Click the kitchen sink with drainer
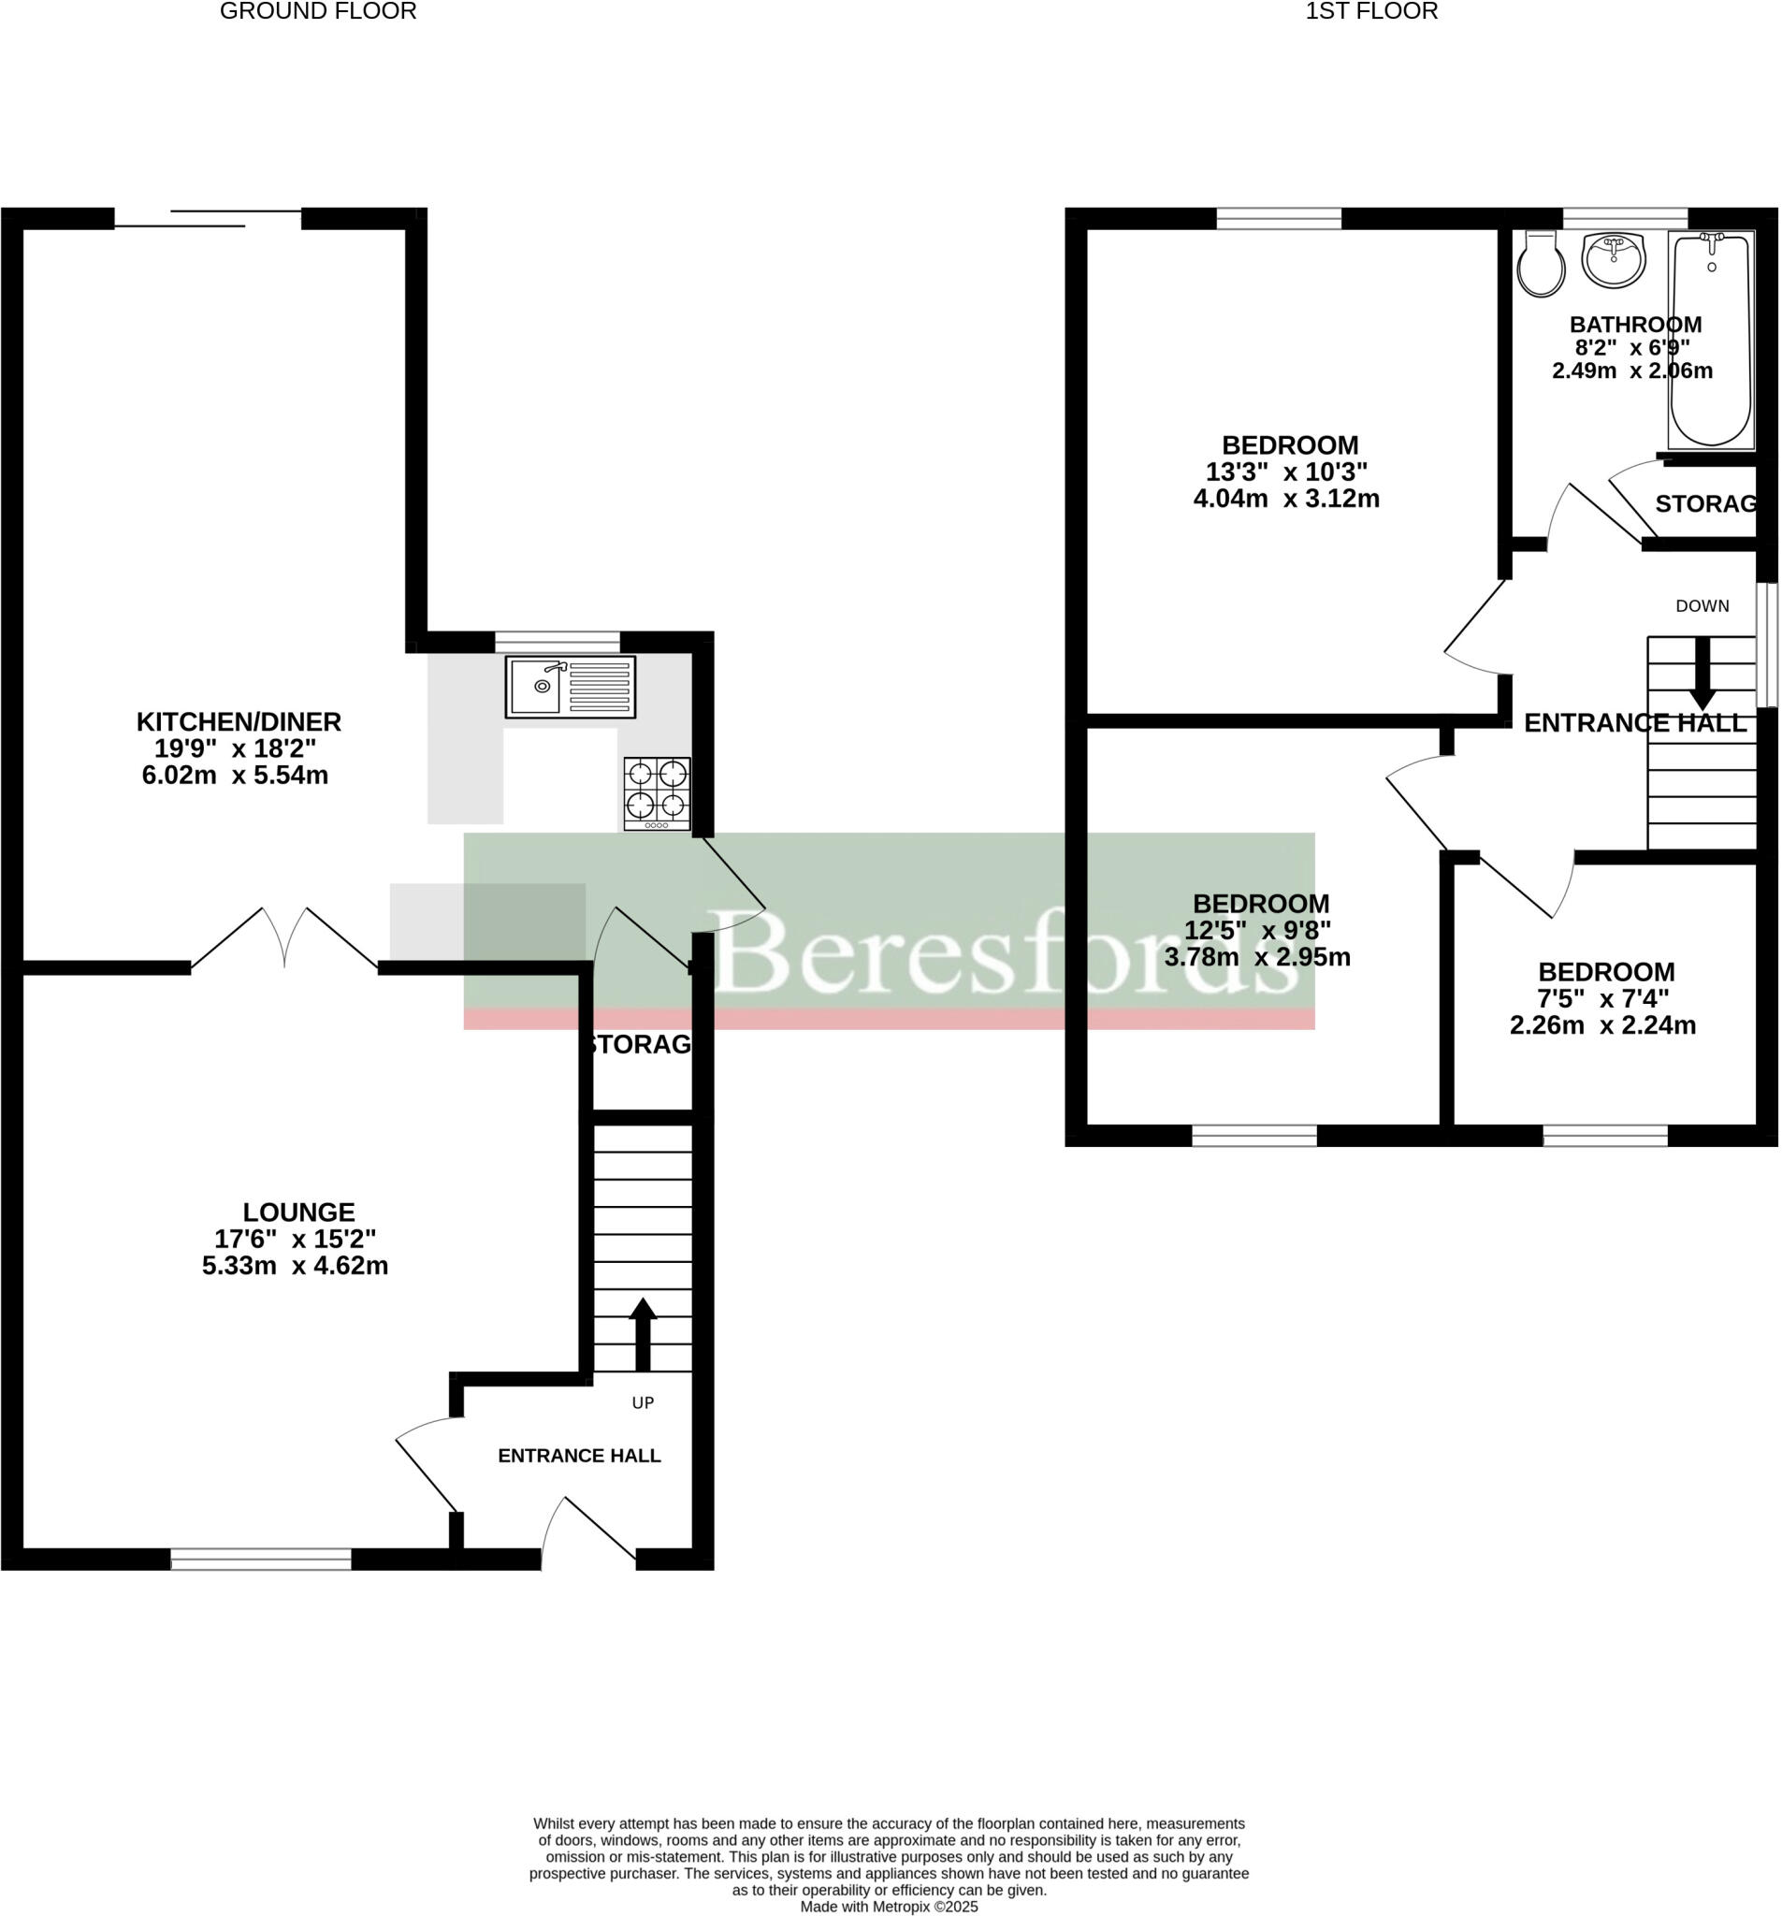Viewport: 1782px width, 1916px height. (570, 688)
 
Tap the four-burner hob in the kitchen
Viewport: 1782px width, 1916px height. (657, 792)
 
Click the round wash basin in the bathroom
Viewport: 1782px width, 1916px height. (1613, 260)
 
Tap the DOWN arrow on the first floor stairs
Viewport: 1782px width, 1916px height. (1701, 673)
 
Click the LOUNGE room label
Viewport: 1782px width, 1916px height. (298, 1212)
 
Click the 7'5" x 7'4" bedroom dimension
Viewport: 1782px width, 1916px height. (1602, 998)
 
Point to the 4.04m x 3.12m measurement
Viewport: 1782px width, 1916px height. (1285, 500)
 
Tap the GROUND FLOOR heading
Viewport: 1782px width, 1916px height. (318, 11)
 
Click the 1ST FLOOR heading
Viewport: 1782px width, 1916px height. (1370, 11)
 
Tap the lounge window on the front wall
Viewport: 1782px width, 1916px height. (261, 1559)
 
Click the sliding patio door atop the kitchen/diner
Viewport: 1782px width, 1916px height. (208, 219)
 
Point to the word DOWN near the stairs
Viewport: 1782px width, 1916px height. (1701, 606)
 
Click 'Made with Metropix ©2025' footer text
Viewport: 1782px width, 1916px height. (888, 1907)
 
